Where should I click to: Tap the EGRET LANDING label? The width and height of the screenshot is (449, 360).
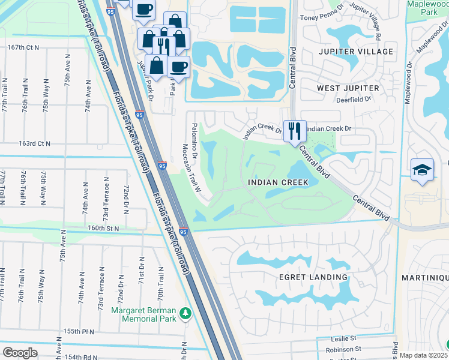coord(313,277)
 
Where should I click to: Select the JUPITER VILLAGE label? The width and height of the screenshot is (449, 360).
coord(355,52)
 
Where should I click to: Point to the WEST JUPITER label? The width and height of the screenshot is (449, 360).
coord(348,88)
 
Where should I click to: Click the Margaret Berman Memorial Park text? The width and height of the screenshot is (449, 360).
coord(144,314)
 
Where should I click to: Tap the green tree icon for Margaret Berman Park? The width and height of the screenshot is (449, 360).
coord(185,313)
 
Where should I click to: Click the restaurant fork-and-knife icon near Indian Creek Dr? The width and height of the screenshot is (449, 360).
coord(295,131)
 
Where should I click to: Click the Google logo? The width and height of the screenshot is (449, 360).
coord(20,352)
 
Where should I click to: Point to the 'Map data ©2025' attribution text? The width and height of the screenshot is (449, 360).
coord(423,355)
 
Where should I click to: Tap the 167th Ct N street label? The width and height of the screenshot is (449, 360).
coord(23,47)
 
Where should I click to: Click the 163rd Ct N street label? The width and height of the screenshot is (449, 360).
coord(34,144)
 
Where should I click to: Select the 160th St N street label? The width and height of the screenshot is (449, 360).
coord(103,229)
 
